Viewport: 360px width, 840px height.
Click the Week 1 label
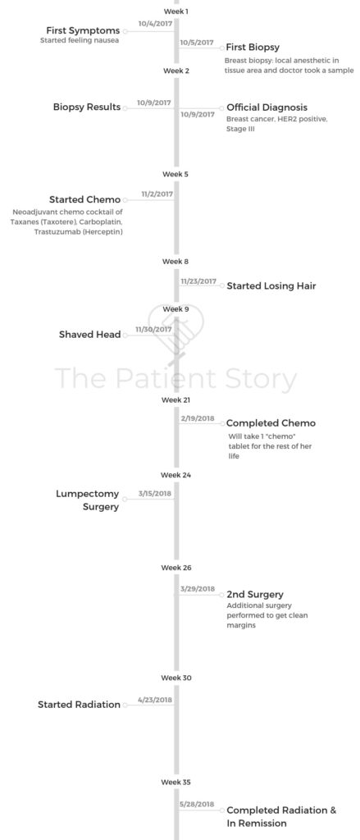[x=175, y=11]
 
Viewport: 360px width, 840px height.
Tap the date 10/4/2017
[x=154, y=24]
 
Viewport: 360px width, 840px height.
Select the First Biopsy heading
[x=253, y=48]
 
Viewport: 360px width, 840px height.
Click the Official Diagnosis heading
[x=267, y=107]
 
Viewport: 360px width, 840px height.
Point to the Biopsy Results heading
[x=87, y=107]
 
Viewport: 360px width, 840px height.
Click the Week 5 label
[x=175, y=174]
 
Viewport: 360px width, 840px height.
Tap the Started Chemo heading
[x=84, y=200]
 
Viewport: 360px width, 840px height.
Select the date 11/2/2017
[x=157, y=194]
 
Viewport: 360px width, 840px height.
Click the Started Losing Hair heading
[x=271, y=286]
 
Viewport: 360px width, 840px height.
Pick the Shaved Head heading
[x=89, y=335]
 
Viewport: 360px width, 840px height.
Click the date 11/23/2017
[x=198, y=281]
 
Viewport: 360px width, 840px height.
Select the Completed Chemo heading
[x=271, y=423]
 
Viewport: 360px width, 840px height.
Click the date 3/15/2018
[x=155, y=493]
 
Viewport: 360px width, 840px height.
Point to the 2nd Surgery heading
[x=255, y=595]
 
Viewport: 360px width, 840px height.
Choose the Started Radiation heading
[x=79, y=705]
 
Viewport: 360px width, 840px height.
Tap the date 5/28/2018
[x=198, y=804]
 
